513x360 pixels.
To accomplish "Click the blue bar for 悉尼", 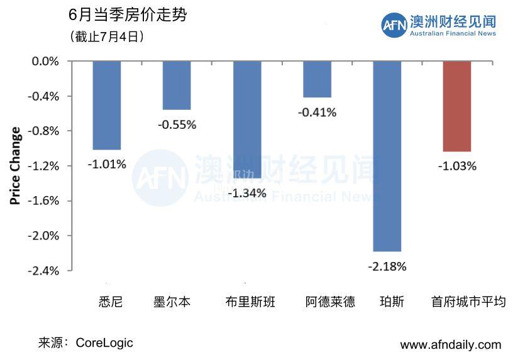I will click(x=106, y=105).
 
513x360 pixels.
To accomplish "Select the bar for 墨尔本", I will click(x=177, y=85).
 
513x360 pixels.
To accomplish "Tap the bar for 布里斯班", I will click(x=247, y=119).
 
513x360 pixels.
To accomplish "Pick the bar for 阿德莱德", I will click(x=317, y=79).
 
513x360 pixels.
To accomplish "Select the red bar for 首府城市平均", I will click(x=457, y=106).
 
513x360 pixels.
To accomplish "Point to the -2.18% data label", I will click(x=387, y=266).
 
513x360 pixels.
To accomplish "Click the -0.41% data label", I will click(x=317, y=113).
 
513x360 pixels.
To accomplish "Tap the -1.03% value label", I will click(x=457, y=166).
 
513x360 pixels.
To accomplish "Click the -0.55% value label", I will click(x=177, y=125).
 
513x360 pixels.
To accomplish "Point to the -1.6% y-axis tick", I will click(x=46, y=201).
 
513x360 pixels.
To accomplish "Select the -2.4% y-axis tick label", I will click(x=46, y=271).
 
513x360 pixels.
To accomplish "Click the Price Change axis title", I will click(x=16, y=166).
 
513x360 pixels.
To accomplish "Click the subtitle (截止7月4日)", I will click(x=108, y=37).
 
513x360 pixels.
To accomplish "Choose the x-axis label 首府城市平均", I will click(x=468, y=302).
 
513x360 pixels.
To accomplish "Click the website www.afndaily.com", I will click(x=451, y=344).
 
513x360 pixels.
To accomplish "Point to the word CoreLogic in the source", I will click(x=104, y=343).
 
